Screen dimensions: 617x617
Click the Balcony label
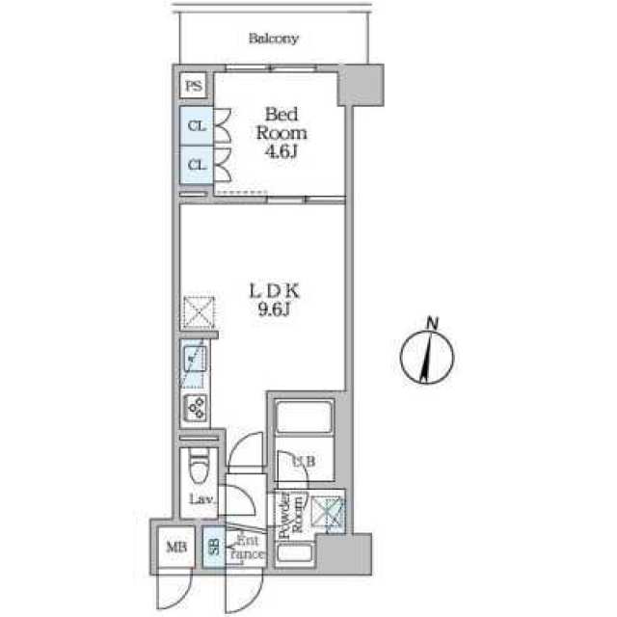(274, 40)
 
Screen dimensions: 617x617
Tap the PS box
(195, 87)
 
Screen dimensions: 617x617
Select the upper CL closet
(196, 126)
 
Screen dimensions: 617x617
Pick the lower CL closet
(196, 164)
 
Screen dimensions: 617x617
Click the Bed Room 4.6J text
(281, 134)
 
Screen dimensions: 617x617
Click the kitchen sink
(196, 362)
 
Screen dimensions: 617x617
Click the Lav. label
(200, 500)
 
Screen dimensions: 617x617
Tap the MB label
(174, 549)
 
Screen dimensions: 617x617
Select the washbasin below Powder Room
(293, 555)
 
